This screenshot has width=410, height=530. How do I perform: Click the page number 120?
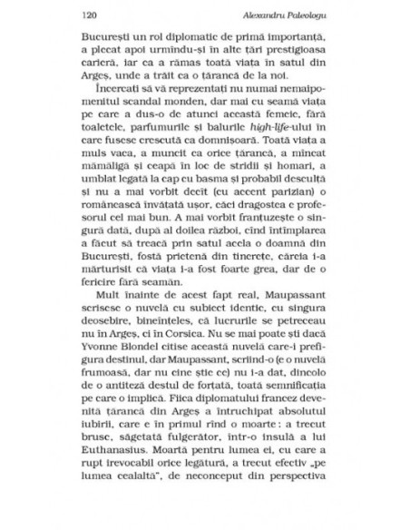pyautogui.click(x=89, y=15)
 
